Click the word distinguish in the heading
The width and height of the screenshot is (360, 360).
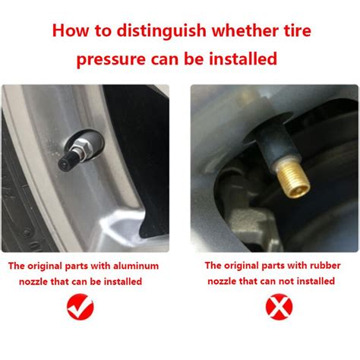[162, 31]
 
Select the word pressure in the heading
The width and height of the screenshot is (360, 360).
[111, 60]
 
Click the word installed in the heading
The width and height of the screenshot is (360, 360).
[243, 58]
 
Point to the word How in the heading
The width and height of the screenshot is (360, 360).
[71, 30]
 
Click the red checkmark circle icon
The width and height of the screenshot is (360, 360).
[81, 307]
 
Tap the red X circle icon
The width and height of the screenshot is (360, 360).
[279, 307]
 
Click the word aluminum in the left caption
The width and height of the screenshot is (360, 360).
[136, 266]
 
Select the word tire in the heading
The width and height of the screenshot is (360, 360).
[296, 30]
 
